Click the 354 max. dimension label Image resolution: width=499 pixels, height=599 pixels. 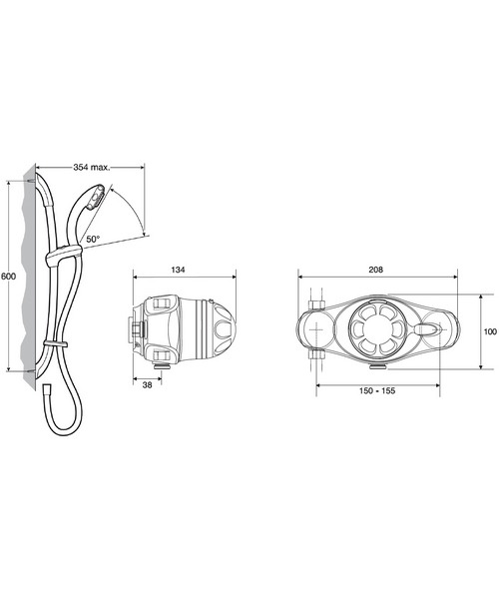coord(92,167)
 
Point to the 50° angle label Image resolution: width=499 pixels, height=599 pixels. coord(92,240)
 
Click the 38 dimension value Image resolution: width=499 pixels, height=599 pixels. coord(146,383)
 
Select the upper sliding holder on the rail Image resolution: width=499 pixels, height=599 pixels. coord(62,259)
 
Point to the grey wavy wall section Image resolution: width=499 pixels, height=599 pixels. coord(35,280)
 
